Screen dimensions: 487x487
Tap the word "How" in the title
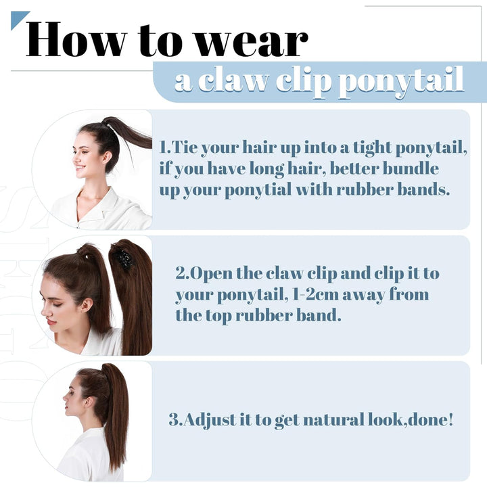[x=68, y=41]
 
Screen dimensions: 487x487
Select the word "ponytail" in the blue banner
[x=400, y=81]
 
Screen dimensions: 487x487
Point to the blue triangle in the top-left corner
[x=18, y=18]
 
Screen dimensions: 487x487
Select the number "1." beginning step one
[x=165, y=147]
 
